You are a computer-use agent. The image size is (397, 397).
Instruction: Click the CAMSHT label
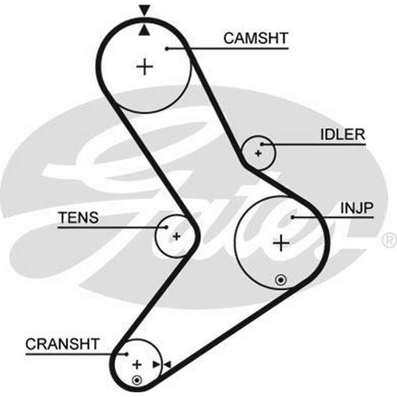255,39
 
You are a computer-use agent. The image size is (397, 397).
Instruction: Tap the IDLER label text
342,135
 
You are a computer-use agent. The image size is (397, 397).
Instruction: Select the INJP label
357,208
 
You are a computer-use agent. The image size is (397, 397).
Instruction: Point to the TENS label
78,218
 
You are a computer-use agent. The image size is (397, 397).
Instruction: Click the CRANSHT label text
62,344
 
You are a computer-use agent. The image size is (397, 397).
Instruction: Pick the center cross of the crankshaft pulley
137,364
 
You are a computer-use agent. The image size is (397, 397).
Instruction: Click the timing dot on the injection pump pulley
281,280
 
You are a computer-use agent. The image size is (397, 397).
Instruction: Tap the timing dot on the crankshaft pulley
137,380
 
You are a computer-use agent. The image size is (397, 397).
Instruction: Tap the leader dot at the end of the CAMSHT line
167,48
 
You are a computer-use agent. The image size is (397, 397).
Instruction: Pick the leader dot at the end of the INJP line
293,217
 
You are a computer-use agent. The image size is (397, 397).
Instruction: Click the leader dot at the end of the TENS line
167,227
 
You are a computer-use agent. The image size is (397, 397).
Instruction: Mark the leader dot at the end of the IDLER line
262,145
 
